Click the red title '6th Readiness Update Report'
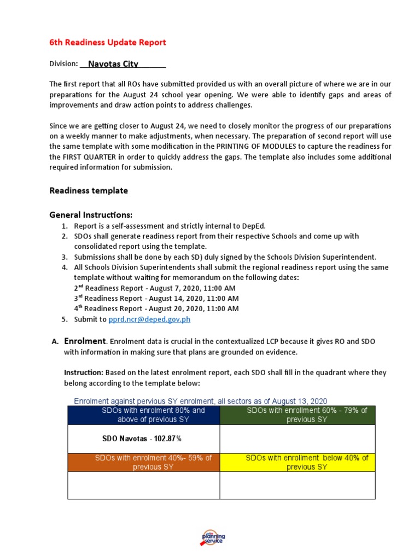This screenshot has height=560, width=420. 108,42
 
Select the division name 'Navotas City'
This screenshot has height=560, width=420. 113,64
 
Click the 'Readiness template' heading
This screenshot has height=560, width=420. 89,191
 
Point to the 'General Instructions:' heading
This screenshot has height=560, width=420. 91,214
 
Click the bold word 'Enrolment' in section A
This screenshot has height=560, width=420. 84,341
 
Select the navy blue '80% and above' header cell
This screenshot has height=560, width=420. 144,415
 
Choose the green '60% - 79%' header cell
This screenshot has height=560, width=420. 297,415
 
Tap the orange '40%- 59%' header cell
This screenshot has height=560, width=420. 144,462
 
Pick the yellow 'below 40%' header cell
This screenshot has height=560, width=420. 297,462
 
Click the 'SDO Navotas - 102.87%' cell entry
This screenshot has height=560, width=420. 142,439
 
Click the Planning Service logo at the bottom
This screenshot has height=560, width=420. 213,538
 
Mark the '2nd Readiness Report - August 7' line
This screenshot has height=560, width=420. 155,288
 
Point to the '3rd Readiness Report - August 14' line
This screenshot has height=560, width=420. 156,299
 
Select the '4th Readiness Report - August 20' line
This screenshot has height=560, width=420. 156,309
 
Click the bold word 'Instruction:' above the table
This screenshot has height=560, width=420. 84,372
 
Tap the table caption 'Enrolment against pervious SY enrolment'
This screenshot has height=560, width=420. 200,401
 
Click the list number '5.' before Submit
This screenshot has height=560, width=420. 64,319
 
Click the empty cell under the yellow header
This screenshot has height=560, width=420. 297,485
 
